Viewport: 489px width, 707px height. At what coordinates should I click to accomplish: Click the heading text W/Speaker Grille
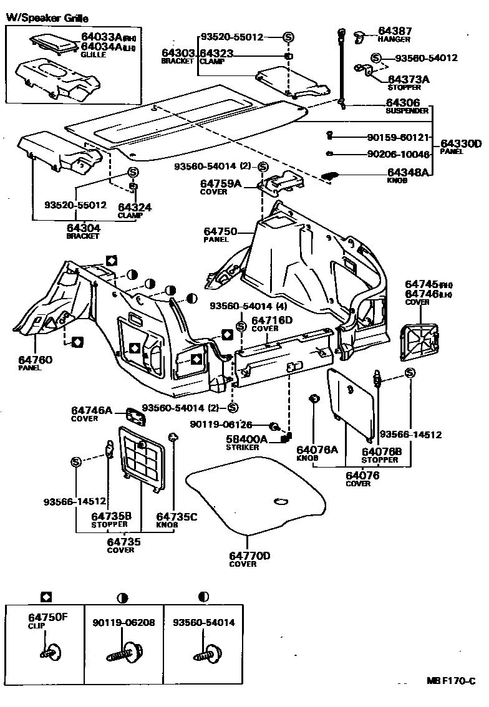(x=47, y=19)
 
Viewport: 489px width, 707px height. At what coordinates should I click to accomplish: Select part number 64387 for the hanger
(x=395, y=31)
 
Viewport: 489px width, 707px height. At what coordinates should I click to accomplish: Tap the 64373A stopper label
(x=409, y=79)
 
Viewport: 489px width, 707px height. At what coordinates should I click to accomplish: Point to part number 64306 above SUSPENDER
(x=402, y=103)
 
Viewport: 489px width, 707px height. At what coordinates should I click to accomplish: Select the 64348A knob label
(x=408, y=172)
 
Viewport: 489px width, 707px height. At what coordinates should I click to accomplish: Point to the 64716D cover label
(x=271, y=320)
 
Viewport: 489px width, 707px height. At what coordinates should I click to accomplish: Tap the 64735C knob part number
(x=177, y=516)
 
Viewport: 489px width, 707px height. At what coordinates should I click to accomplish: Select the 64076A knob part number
(x=317, y=450)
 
